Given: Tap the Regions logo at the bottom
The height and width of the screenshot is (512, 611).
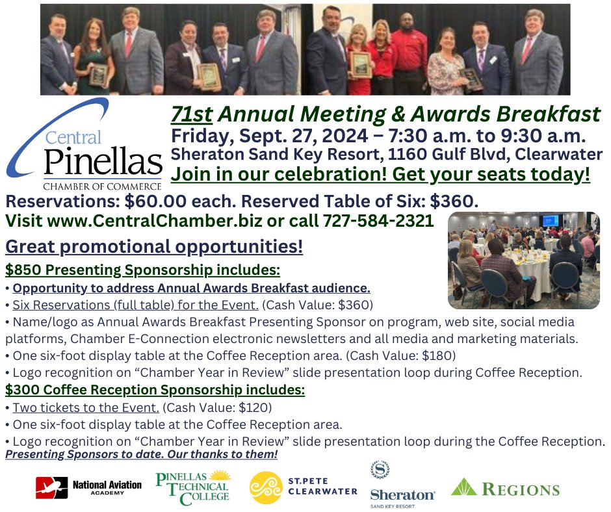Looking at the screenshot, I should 505,488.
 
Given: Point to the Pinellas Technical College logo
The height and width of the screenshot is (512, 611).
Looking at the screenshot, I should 193,486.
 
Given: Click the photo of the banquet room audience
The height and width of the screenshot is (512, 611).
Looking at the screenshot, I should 524,260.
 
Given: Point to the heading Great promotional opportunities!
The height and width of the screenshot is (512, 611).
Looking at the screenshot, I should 153,248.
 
